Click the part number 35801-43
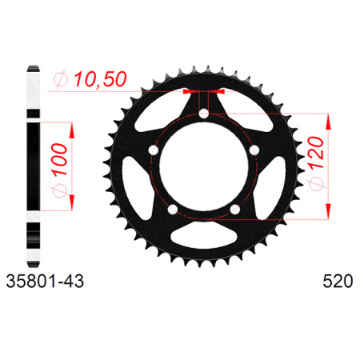[45, 282]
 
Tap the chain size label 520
[338, 282]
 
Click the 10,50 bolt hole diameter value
[100, 79]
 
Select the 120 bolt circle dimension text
[317, 152]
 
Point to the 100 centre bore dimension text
[60, 159]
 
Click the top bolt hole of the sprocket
[204, 113]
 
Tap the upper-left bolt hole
[154, 150]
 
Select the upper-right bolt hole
[254, 150]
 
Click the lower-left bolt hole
[173, 209]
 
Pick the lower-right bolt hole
[235, 209]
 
